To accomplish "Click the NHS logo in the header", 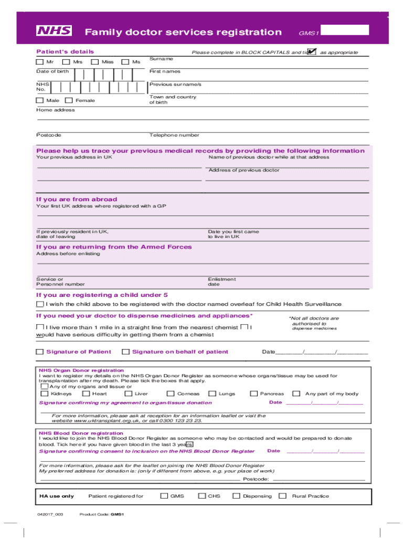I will point(54,32).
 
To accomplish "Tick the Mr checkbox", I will point(40,62).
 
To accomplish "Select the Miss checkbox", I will point(95,62).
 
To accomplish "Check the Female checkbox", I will point(68,100).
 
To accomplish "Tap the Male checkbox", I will point(40,100).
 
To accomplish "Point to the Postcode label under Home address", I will point(48,135).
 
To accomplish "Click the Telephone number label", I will point(174,135).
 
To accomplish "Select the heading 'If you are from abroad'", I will point(77,199).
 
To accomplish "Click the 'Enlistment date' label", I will point(221,282).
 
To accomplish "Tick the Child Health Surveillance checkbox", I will point(40,304).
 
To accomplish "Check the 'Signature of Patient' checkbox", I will point(40,352).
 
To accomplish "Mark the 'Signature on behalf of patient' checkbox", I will point(125,352).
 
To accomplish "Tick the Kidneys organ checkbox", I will point(45,394).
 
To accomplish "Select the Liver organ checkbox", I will point(129,394).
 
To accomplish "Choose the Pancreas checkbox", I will point(254,394).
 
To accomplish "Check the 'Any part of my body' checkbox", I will point(296,394).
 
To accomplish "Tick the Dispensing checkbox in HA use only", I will point(236,496).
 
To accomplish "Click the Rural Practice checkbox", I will point(283,496).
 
